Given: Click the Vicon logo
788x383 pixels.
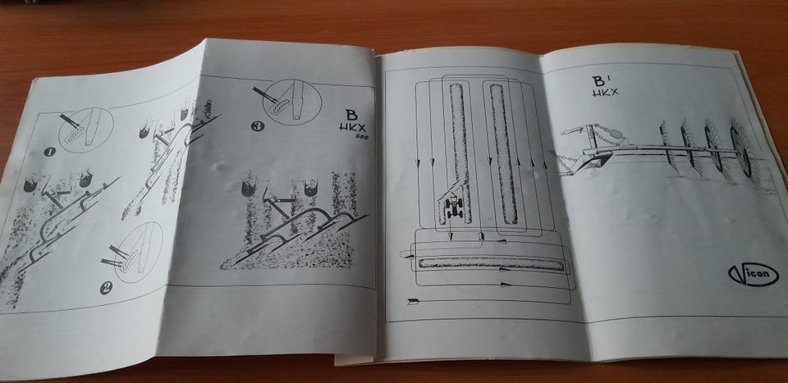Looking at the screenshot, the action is [x=753, y=275].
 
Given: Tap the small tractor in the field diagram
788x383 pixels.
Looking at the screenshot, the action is [x=454, y=207].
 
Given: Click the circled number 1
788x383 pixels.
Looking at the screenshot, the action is [x=48, y=151].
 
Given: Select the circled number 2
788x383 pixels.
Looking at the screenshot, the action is [x=105, y=288].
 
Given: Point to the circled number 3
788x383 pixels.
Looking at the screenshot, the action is [x=256, y=126].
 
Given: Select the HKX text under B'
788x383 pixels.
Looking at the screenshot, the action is [x=605, y=92].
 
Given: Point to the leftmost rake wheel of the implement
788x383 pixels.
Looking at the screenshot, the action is [x=666, y=148].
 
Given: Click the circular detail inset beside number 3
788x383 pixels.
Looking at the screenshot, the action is [x=292, y=102].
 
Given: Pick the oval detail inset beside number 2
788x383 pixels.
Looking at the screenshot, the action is [x=139, y=252].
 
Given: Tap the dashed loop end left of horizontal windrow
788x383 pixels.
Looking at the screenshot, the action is [x=405, y=255].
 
